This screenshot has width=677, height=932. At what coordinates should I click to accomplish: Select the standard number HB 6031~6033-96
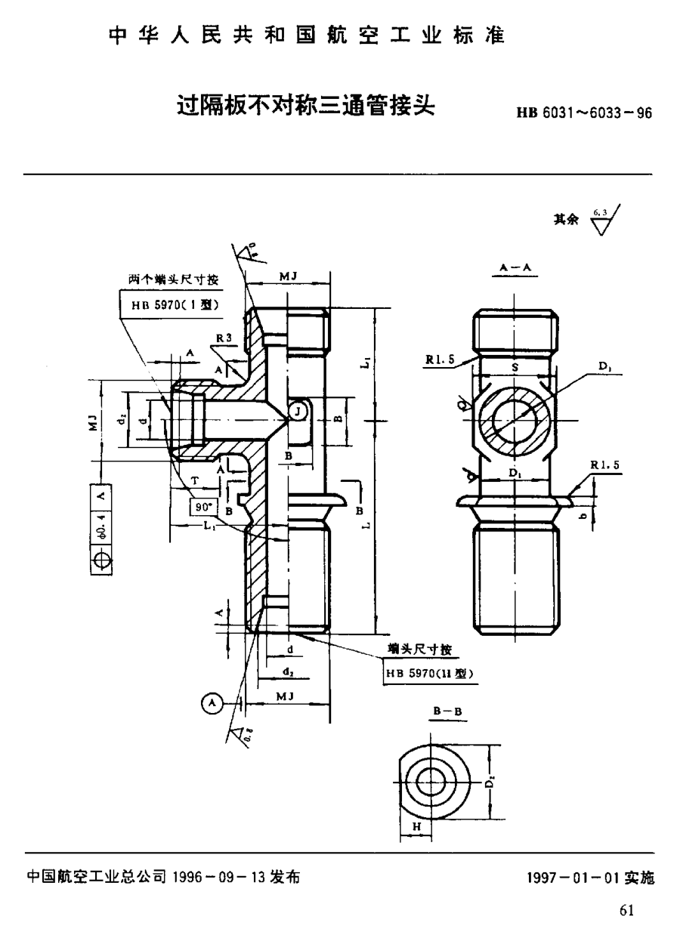click(x=583, y=114)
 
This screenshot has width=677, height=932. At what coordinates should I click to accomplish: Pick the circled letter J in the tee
click(x=300, y=411)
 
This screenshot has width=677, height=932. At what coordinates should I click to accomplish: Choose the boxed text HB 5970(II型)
click(x=429, y=674)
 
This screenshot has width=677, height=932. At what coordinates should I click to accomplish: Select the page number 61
click(x=626, y=910)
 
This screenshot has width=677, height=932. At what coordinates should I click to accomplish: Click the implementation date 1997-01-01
click(x=572, y=878)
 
